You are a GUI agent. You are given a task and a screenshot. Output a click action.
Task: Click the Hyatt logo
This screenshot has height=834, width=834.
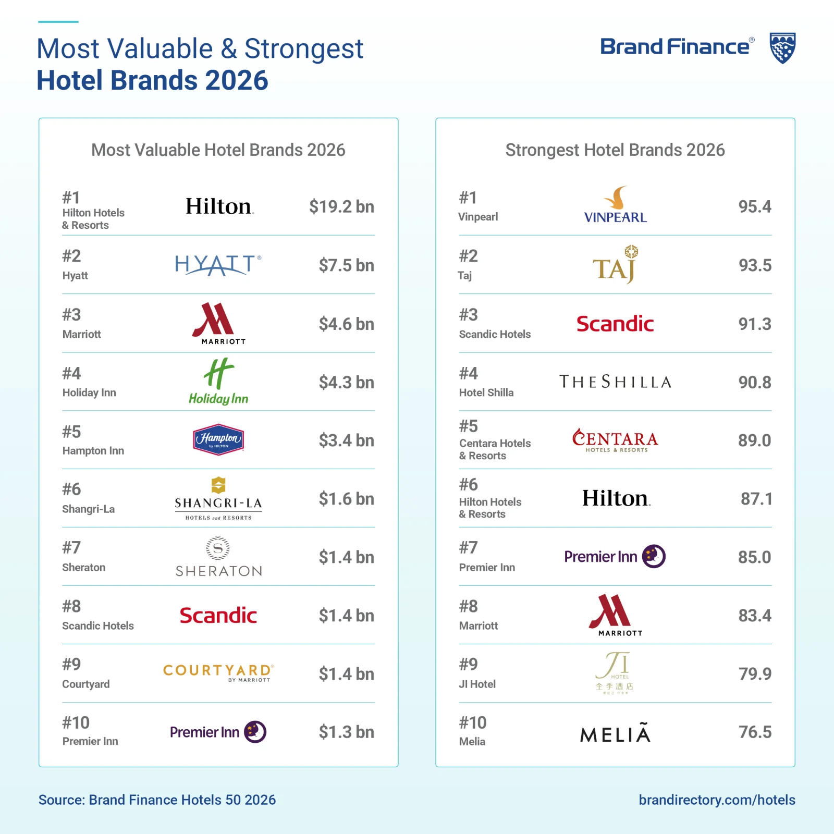pyautogui.click(x=218, y=265)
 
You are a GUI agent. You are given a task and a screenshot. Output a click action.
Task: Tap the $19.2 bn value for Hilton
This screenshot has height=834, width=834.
pyautogui.click(x=341, y=206)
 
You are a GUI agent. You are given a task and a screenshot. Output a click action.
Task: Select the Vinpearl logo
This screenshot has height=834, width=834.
pyautogui.click(x=616, y=205)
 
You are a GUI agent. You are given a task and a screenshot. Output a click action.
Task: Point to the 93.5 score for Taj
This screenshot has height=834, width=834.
pyautogui.click(x=755, y=265)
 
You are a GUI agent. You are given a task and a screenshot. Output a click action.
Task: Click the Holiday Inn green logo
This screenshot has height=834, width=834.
pyautogui.click(x=218, y=382)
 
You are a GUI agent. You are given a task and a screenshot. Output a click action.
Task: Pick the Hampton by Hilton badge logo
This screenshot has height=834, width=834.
pyautogui.click(x=218, y=439)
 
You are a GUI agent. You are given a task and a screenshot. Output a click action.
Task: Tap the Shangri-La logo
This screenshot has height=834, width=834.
pyautogui.click(x=218, y=498)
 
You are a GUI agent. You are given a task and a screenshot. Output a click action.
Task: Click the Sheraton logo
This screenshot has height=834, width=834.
pyautogui.click(x=218, y=557)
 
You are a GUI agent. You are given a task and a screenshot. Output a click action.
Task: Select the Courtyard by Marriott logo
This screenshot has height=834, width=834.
pyautogui.click(x=218, y=672)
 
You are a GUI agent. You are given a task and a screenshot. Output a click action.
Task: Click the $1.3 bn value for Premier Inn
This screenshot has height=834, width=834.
pyautogui.click(x=347, y=732)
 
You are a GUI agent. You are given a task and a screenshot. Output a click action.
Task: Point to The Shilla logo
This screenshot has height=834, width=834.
pyautogui.click(x=615, y=382)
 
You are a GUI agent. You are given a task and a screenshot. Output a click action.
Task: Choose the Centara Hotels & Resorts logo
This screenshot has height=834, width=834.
pyautogui.click(x=615, y=440)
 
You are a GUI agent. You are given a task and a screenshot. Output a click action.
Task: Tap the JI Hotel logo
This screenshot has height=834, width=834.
pyautogui.click(x=615, y=672)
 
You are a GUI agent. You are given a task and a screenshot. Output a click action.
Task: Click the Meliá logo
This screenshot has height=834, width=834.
pyautogui.click(x=615, y=733)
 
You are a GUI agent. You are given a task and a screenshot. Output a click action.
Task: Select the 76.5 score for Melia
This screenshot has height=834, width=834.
pyautogui.click(x=755, y=732)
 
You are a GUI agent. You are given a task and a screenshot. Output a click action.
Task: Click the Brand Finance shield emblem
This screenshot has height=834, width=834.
pyautogui.click(x=782, y=48)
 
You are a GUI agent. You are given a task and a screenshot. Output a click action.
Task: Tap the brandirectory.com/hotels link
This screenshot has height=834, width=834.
pyautogui.click(x=717, y=800)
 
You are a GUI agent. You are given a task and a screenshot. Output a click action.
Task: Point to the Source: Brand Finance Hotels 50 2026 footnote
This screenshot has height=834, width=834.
pyautogui.click(x=157, y=800)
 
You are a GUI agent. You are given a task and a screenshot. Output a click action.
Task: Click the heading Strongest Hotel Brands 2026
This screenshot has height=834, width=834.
pyautogui.click(x=615, y=150)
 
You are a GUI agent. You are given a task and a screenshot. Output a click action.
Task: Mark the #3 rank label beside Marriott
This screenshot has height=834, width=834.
pyautogui.click(x=72, y=315)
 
